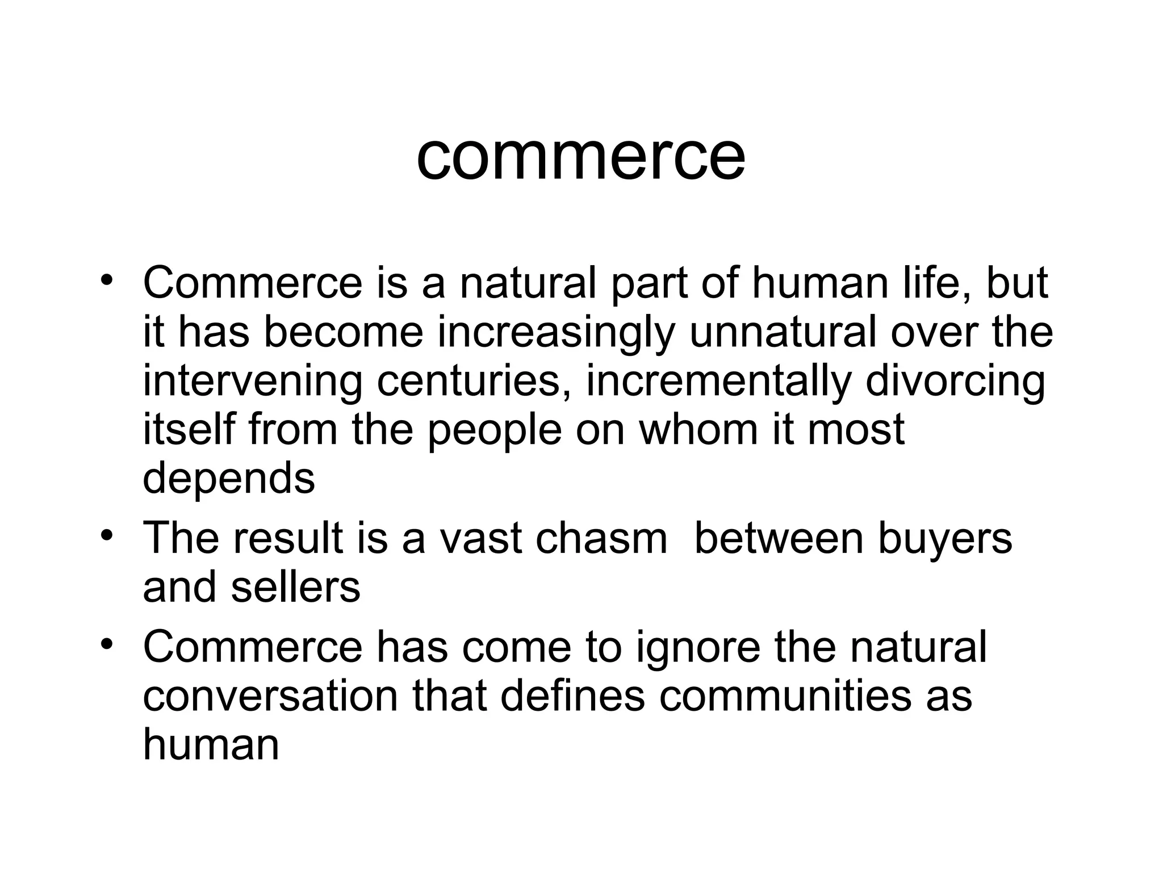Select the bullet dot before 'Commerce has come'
106,644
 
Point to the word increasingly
556,334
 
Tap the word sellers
295,587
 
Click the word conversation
270,696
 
